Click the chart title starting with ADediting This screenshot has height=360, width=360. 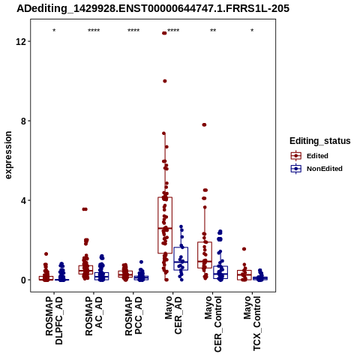point(153,9)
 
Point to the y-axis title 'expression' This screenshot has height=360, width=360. point(8,155)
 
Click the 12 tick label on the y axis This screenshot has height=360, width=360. point(21,41)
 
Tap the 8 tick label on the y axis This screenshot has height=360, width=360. point(24,121)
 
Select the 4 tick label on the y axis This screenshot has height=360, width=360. point(24,201)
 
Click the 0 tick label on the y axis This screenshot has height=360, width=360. point(24,280)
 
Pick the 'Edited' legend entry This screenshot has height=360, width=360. point(317,156)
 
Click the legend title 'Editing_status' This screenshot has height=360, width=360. point(320,141)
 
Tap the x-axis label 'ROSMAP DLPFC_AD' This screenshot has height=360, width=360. point(54,320)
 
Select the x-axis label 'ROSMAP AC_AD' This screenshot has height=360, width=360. point(94,316)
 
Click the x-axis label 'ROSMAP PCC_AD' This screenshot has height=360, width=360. point(133,316)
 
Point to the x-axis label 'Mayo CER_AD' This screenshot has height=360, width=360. point(173,315)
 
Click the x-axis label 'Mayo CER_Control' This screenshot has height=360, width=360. point(213,324)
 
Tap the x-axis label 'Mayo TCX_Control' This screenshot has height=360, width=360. point(252,323)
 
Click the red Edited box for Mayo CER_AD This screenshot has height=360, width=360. point(165,225)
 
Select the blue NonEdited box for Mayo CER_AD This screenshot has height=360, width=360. point(181,259)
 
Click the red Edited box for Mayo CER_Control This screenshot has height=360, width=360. point(205,255)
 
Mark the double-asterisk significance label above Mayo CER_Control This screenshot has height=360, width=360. point(213,31)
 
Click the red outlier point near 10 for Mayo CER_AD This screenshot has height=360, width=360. point(165,81)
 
